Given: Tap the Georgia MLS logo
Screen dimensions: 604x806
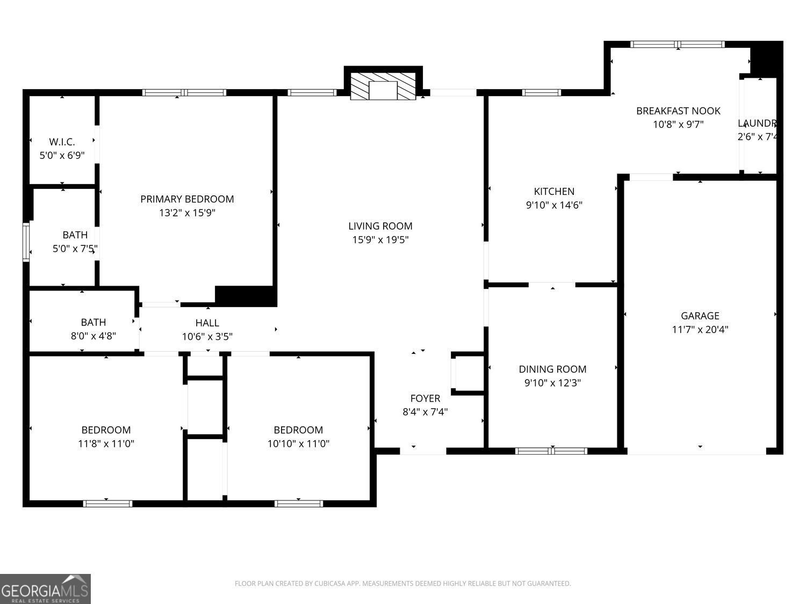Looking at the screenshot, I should tap(45, 589).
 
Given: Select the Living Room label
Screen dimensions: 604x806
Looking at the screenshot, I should tap(380, 226).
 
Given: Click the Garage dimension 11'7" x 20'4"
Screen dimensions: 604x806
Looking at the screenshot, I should tap(700, 330).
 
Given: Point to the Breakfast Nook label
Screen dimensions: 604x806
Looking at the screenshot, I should tap(678, 111).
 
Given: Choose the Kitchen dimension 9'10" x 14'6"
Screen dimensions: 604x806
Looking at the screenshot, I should tap(553, 205).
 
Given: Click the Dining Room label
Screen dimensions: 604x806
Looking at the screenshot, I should tap(552, 369).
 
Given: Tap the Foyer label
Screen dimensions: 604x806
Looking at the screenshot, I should tap(425, 398).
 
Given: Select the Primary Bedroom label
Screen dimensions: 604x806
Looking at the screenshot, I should tap(187, 199).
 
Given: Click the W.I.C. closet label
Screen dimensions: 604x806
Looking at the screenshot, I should tap(62, 142).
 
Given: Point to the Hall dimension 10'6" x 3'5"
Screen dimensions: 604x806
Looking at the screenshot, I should tap(207, 337).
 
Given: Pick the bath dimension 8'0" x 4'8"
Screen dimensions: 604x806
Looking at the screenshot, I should tap(93, 336).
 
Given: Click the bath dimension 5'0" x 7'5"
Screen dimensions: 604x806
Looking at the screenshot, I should tap(75, 249).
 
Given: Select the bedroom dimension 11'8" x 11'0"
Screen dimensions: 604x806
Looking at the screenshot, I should tap(106, 444).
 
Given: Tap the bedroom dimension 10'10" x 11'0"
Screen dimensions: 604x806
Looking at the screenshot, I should tap(298, 444).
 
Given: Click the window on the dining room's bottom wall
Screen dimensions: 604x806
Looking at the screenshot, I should tap(551, 451).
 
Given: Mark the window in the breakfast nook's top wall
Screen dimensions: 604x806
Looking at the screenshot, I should tap(678, 45).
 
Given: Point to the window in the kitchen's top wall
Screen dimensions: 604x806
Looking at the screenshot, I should tap(542, 92).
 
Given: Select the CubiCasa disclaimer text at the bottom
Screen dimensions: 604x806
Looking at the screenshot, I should tap(402, 584).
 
